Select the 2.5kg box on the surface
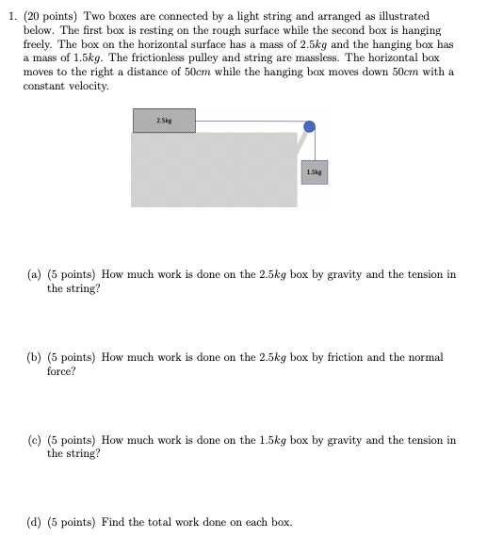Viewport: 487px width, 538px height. [176, 121]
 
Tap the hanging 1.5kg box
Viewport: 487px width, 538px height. [315, 171]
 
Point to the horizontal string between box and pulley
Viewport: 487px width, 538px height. [250, 121]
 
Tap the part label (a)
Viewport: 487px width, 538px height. [33, 275]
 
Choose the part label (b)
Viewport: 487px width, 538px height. [34, 358]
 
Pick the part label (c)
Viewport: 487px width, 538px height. [33, 440]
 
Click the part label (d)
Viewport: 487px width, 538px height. [34, 522]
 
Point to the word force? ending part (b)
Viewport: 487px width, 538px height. [61, 371]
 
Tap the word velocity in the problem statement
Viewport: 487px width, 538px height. [88, 86]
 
